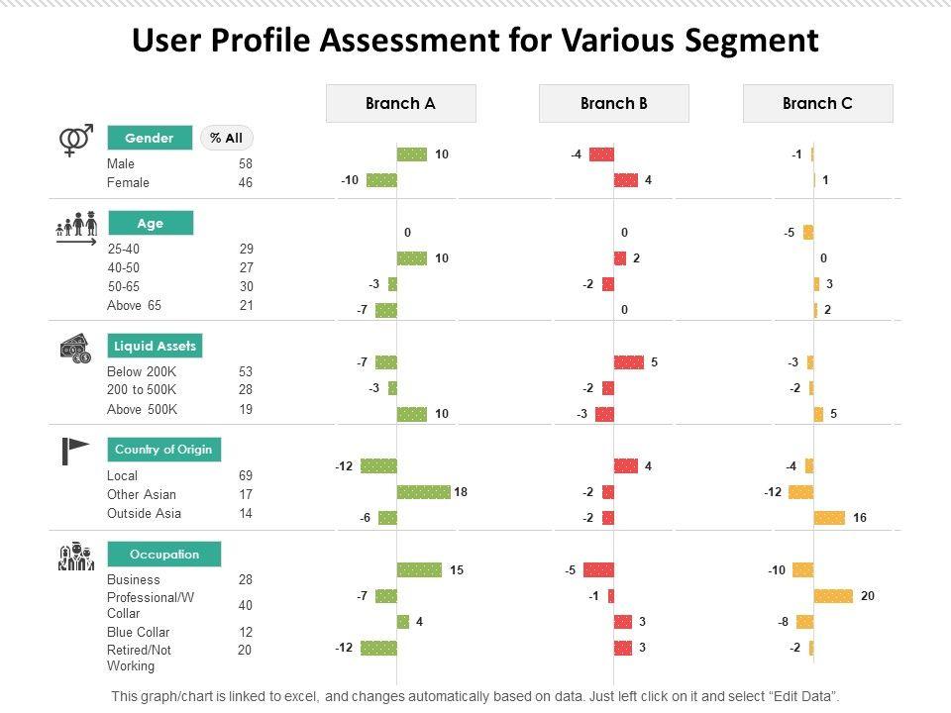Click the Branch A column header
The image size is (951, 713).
click(400, 103)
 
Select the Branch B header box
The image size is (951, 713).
click(613, 103)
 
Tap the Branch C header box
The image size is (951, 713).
click(817, 103)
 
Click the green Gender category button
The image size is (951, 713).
click(150, 139)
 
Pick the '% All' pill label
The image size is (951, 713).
click(227, 139)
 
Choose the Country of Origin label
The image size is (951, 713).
click(163, 450)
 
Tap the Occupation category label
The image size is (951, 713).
click(163, 555)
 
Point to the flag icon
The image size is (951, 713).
click(75, 451)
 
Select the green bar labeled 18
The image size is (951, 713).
click(423, 492)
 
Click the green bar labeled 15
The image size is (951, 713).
click(419, 570)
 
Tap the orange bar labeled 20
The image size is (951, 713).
click(833, 596)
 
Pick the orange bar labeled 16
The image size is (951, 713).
click(829, 518)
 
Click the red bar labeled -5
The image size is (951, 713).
click(598, 570)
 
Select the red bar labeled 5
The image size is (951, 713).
click(628, 362)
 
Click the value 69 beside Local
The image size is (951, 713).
click(246, 476)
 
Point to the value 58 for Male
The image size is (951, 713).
click(246, 163)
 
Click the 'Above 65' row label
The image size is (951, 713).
click(134, 306)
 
